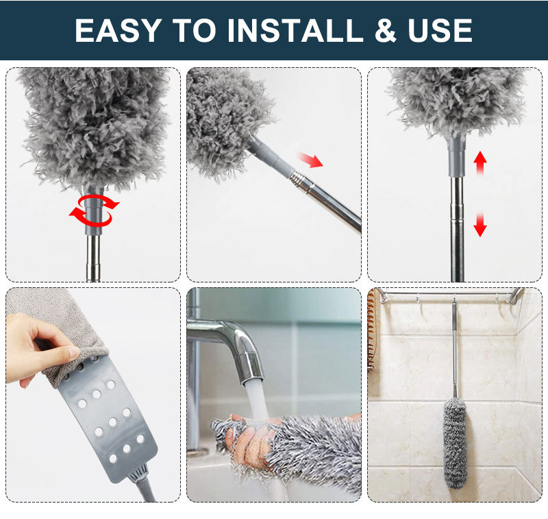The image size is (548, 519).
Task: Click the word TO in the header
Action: pos(196,30)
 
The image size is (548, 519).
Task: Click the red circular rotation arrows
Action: pos(94,208)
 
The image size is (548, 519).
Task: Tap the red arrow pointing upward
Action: pos(480,162)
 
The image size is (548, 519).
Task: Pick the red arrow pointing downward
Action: pos(480,226)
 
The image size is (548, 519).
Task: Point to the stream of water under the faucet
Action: pos(256,405)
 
